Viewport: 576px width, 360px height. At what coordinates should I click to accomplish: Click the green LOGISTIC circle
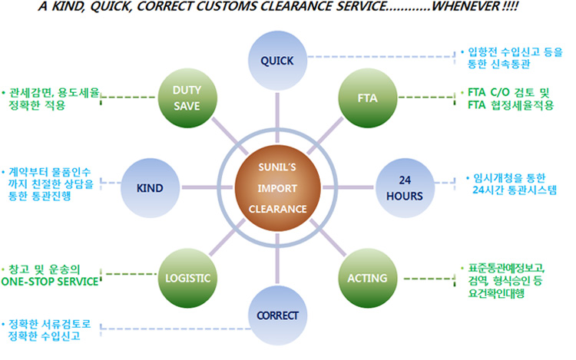187,276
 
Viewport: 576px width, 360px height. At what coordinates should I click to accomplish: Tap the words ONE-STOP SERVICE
50,282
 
